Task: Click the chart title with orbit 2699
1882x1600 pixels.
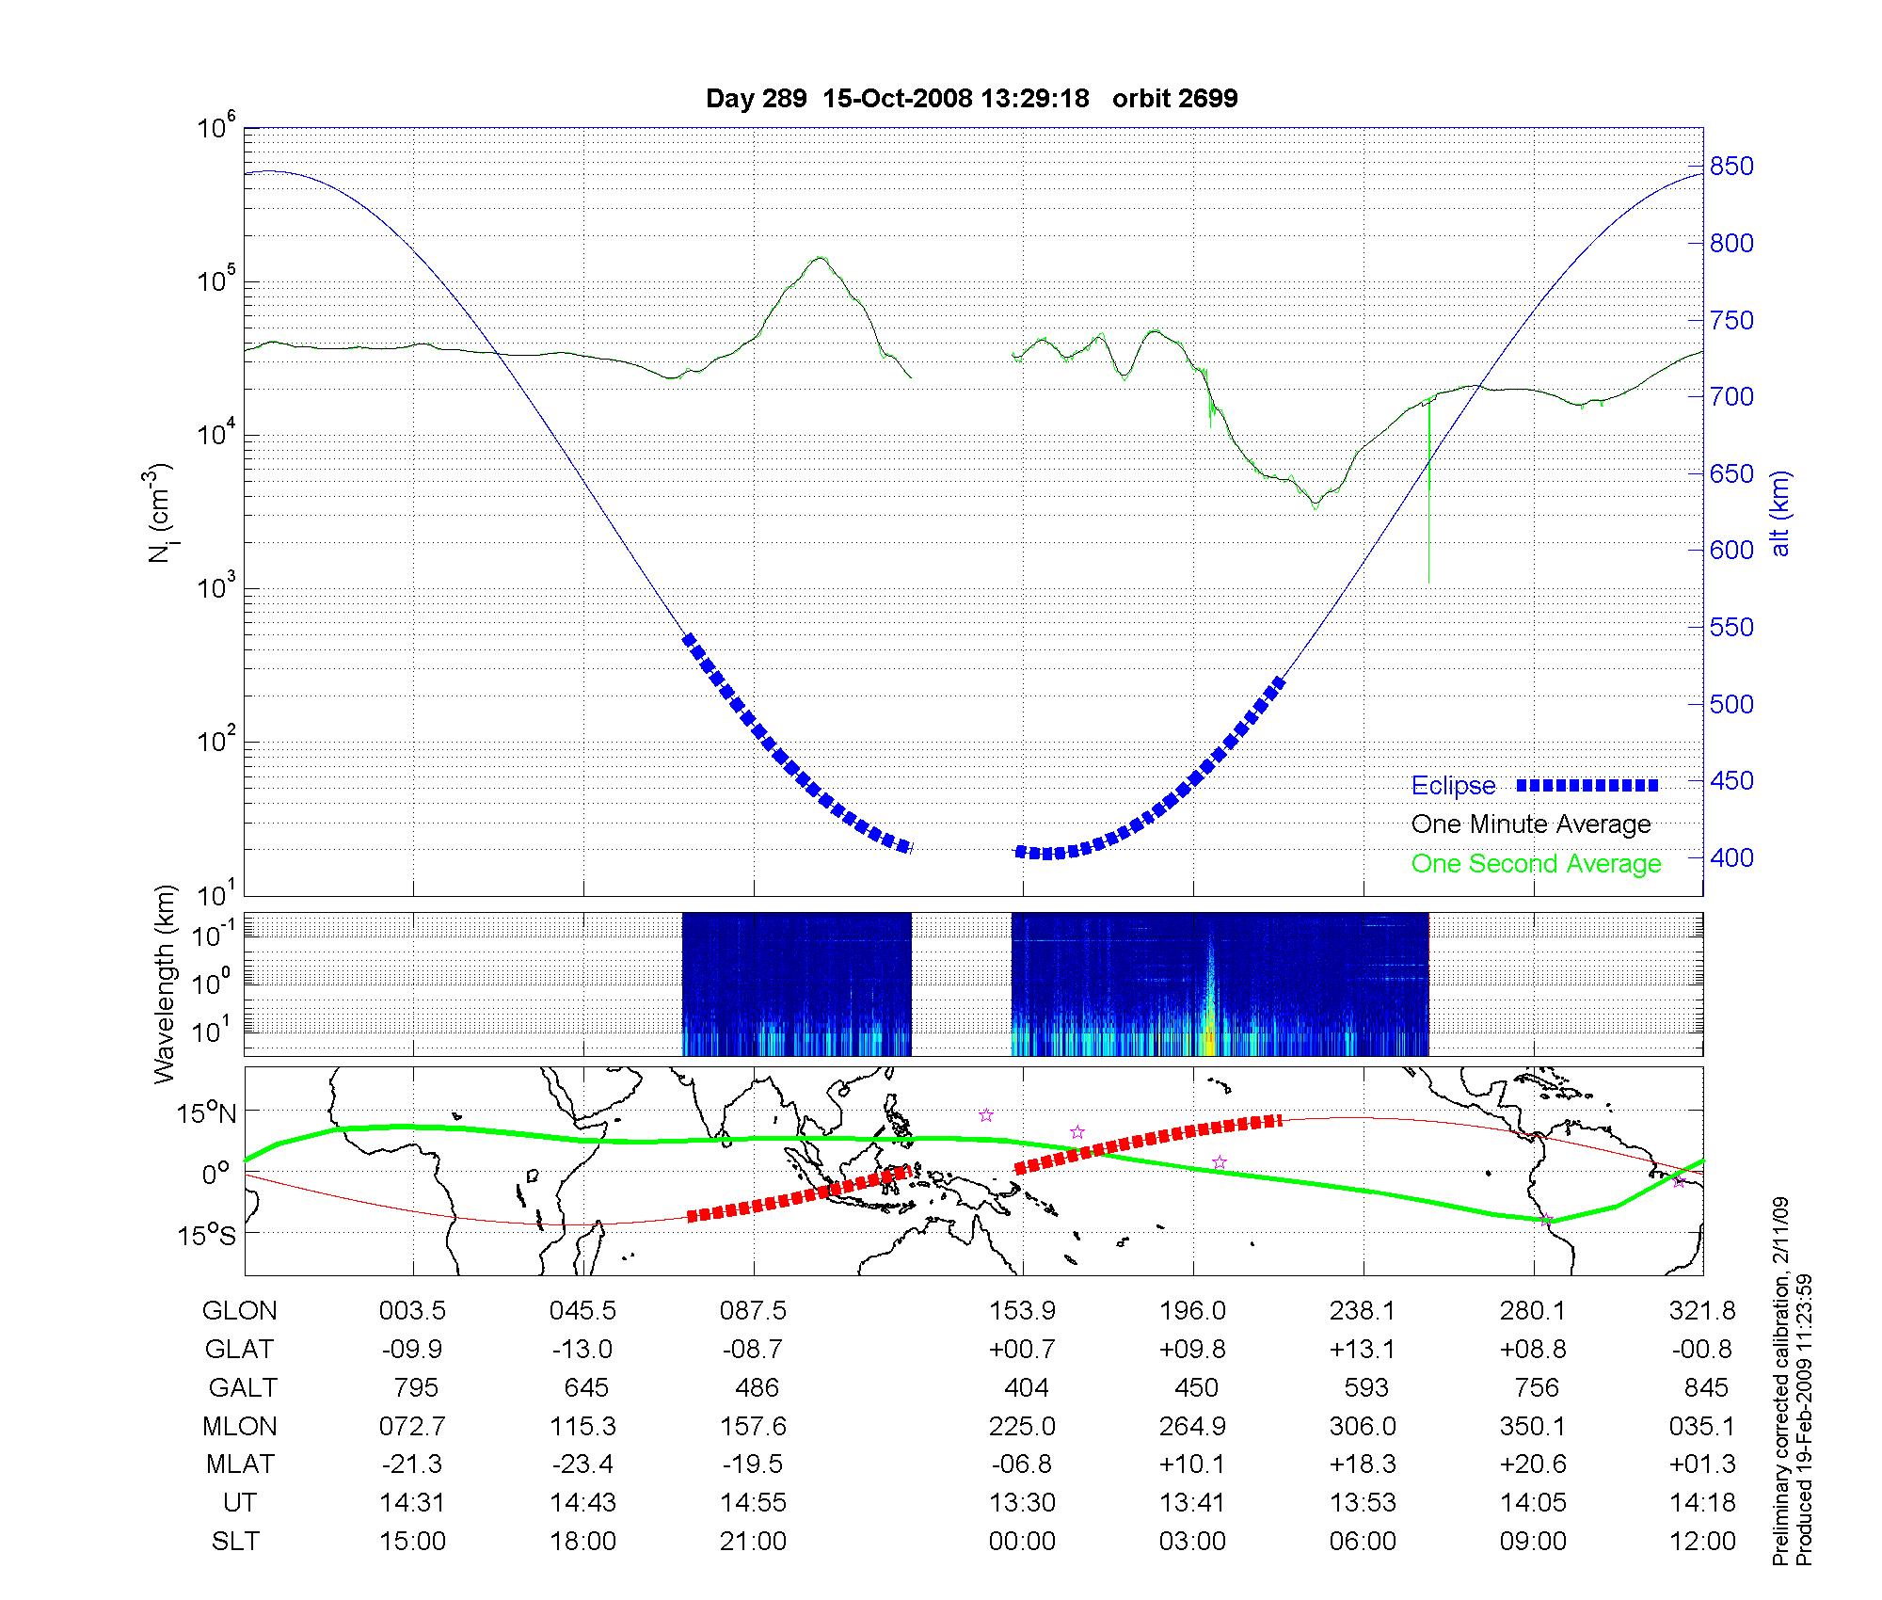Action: (971, 98)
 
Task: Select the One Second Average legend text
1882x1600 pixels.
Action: (1536, 864)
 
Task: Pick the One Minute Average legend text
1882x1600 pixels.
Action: (1531, 824)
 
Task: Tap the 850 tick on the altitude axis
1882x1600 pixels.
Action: (1731, 167)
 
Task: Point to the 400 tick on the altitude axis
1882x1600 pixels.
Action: (1731, 857)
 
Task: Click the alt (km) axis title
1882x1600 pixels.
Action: (1779, 513)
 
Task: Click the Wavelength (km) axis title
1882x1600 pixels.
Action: (165, 984)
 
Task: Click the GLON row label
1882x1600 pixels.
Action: (239, 1311)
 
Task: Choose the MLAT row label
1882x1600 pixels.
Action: (239, 1464)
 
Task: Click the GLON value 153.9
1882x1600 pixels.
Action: (1022, 1311)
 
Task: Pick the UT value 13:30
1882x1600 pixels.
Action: (1022, 1503)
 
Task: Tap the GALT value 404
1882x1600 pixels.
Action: (1026, 1388)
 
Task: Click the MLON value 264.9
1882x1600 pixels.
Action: (1192, 1427)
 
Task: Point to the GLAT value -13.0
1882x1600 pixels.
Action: (582, 1350)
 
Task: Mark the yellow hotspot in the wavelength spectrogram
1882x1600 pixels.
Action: (1209, 1040)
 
